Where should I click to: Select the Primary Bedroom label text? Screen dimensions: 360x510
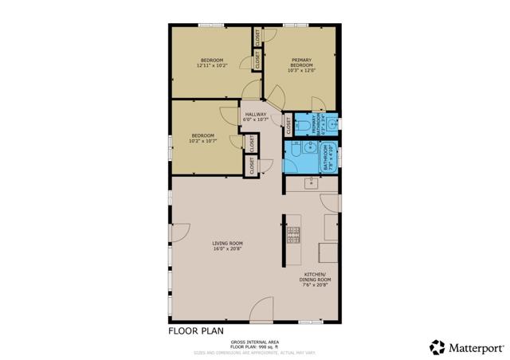[300, 63]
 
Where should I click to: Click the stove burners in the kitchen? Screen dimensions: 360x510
[292, 235]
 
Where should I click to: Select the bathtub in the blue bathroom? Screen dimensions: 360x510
[328, 158]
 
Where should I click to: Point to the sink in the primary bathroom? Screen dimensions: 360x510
[332, 124]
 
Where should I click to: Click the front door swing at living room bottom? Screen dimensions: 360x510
[262, 311]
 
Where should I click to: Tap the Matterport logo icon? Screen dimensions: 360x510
[437, 346]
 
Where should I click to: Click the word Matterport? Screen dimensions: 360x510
[476, 346]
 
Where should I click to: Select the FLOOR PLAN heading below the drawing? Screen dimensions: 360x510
[195, 330]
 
